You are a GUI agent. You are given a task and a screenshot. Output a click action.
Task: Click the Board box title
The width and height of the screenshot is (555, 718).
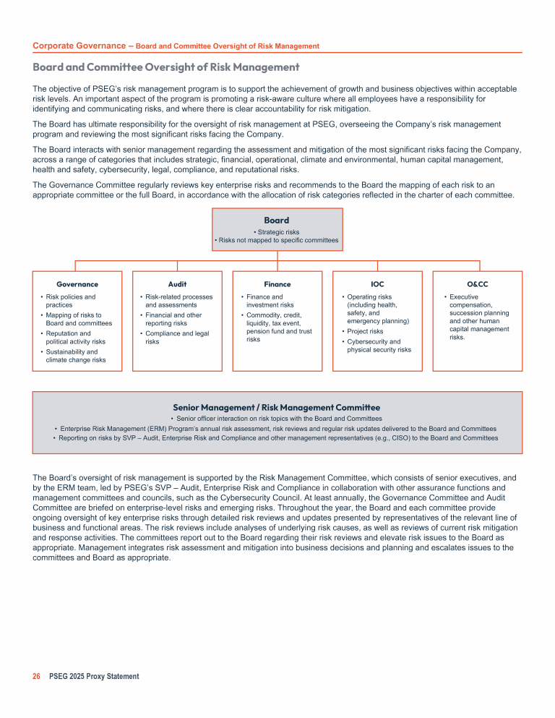click(x=277, y=220)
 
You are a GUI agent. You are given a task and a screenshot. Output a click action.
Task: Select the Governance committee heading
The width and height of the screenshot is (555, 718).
click(x=77, y=284)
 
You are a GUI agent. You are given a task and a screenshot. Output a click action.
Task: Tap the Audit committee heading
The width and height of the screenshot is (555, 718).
click(x=177, y=284)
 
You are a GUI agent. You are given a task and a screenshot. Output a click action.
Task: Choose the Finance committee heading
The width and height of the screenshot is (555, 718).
click(x=277, y=284)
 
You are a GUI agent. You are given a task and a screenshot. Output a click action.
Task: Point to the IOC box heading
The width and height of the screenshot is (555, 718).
click(x=377, y=284)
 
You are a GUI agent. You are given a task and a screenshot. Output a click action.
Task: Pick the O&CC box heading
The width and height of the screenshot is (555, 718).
click(x=477, y=284)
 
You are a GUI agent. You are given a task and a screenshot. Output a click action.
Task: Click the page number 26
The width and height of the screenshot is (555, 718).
click(x=36, y=676)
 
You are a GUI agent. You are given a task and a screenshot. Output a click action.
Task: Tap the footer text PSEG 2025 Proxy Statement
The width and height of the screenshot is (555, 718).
click(x=94, y=676)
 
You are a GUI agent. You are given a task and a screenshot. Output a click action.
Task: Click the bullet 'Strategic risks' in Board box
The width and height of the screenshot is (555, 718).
click(x=278, y=232)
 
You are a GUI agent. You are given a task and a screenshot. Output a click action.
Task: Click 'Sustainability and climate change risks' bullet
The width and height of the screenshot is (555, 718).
click(x=76, y=356)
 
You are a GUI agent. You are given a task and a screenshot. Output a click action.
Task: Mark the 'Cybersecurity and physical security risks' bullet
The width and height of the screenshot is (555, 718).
click(x=379, y=346)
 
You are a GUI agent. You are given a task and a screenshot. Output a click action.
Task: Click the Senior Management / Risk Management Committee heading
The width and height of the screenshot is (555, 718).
click(x=277, y=407)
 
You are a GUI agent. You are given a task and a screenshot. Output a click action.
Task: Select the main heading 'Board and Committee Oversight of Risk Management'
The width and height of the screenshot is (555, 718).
click(x=166, y=67)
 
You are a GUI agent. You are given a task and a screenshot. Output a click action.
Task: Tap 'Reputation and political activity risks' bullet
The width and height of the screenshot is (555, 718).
click(x=75, y=338)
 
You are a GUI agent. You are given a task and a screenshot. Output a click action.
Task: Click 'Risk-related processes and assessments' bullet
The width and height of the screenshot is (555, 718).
click(x=178, y=301)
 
